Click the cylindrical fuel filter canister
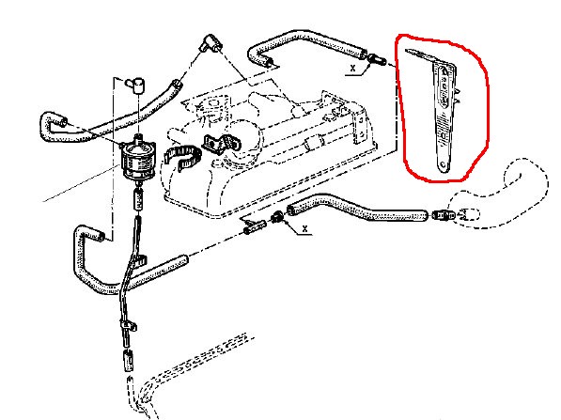138,160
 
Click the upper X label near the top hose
353,68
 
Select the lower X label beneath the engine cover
304,228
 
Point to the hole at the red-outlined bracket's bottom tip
443,165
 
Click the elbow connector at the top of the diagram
211,43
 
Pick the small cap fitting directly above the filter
135,85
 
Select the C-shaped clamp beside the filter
181,158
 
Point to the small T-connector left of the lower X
254,226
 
